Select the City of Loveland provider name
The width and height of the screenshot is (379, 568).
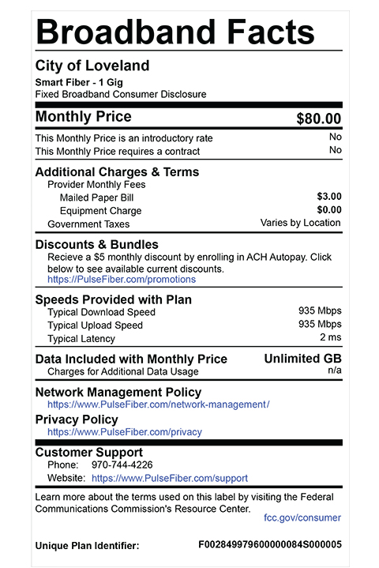pos(92,66)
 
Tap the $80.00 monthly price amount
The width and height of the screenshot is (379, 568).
pos(318,119)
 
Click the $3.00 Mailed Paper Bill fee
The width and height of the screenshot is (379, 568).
pos(328,196)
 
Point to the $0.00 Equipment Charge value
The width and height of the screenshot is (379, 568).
pos(328,210)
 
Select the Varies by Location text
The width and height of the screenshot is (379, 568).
pos(300,224)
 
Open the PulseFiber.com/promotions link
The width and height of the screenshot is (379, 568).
pos(122,280)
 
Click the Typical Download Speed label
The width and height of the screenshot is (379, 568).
pos(101,312)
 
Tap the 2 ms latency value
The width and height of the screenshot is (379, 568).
pos(330,338)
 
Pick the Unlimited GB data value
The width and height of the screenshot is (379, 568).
pos(302,359)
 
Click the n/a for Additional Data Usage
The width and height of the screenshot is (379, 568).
pos(335,371)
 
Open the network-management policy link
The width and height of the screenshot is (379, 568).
pos(158,404)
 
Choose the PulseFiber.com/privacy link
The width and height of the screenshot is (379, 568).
pos(124,432)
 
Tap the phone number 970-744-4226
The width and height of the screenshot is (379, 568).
pos(122,465)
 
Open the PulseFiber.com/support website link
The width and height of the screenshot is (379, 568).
pos(170,479)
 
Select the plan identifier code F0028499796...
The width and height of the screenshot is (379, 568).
pos(269,545)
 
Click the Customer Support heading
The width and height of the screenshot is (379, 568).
pos(89,453)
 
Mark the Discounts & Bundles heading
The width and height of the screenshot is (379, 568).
pos(97,245)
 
